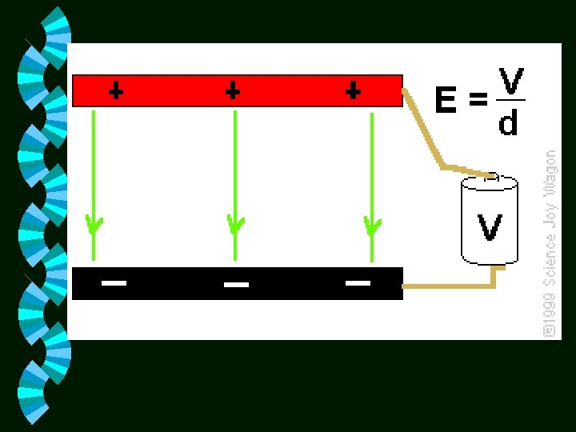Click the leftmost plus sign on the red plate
116,91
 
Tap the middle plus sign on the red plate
233,91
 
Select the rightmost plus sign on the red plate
353,91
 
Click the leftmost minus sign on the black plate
114,282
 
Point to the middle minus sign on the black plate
236,284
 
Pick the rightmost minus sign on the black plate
358,282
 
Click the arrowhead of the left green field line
94,225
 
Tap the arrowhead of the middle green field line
235,225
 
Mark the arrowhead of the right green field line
372,226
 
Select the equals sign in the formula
478,101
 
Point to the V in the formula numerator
511,82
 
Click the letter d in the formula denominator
509,122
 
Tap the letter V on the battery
490,227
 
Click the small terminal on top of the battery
493,177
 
